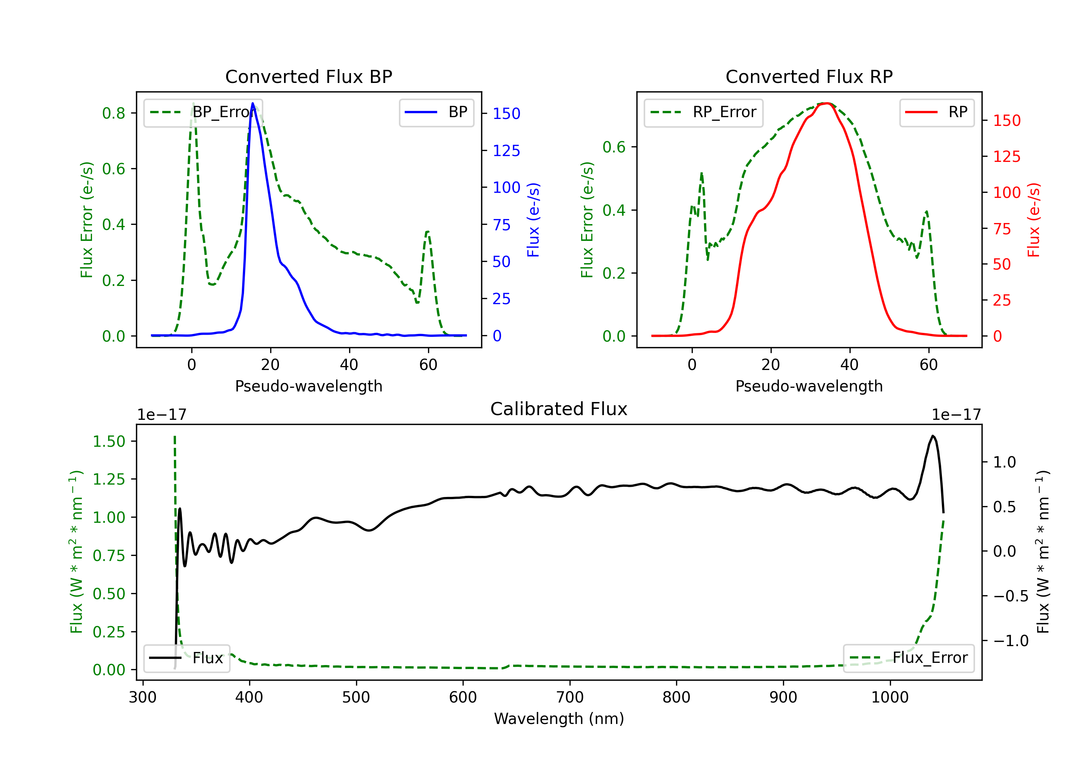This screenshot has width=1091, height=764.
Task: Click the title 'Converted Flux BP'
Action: click(x=308, y=76)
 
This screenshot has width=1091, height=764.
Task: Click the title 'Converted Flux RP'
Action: click(x=809, y=76)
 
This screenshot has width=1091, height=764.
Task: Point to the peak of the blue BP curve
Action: click(x=253, y=103)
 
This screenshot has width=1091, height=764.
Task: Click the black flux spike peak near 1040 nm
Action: click(x=933, y=436)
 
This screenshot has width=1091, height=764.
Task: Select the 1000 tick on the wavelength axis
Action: click(x=890, y=697)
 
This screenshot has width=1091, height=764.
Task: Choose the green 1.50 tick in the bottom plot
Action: click(x=109, y=441)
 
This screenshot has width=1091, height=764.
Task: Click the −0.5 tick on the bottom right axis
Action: click(x=1011, y=596)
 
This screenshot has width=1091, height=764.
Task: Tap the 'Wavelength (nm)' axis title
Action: click(x=559, y=719)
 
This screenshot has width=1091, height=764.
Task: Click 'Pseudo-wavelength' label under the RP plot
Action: click(x=809, y=386)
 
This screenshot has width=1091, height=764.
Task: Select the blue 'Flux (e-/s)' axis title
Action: click(x=533, y=220)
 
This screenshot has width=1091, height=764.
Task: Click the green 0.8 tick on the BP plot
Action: click(x=113, y=113)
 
